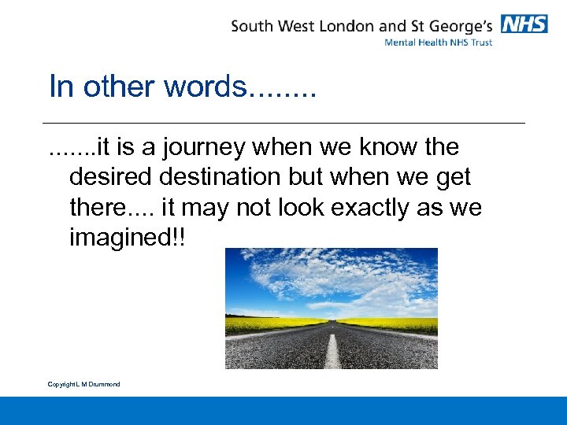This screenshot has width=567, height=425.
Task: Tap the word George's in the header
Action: tap(460, 25)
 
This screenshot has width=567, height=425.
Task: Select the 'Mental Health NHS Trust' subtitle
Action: tap(438, 42)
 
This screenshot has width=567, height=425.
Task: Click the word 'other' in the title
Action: tap(117, 87)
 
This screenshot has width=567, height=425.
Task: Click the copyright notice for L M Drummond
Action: tap(83, 384)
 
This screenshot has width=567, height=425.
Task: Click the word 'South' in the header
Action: tap(252, 25)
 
